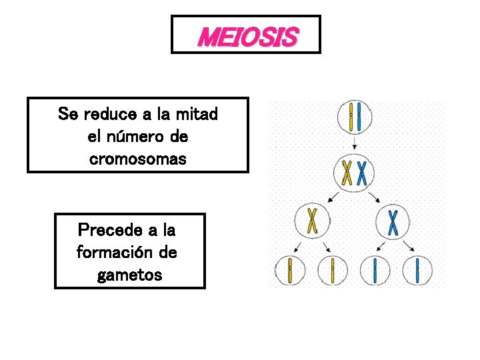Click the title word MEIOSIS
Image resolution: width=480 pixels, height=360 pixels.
pos(247,37)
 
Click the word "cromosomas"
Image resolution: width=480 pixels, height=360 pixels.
pos(137,160)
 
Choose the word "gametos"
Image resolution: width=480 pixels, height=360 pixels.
pos(129,275)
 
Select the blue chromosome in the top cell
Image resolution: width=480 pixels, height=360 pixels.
pos(360,117)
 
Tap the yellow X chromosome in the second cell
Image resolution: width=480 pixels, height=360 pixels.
pos(347,172)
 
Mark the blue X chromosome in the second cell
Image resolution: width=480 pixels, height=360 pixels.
pos(363,172)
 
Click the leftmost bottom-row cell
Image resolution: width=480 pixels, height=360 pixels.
pos(290,270)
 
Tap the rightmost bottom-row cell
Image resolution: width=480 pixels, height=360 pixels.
pos(417,270)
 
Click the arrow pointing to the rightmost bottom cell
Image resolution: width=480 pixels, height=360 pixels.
pos(409,247)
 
